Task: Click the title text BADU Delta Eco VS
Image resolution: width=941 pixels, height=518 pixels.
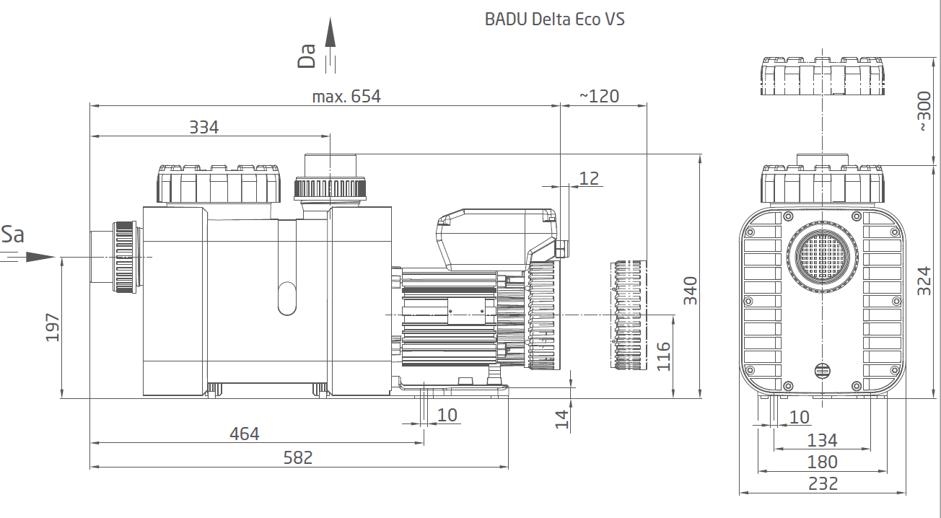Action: pos(554,19)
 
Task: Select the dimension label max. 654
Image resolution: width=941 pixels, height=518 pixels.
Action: pos(346,96)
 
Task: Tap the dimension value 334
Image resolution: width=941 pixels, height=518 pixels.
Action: pos(203,127)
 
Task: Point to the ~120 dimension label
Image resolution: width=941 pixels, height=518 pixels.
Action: pos(599,96)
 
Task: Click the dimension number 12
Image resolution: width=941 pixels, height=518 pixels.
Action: pos(589,177)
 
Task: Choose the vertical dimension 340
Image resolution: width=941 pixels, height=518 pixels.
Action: pos(691,291)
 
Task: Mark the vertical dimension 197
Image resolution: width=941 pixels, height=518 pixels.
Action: pos(53,328)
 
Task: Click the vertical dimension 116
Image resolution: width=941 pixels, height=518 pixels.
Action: pos(663,356)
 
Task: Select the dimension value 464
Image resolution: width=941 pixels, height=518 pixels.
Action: pos(244,434)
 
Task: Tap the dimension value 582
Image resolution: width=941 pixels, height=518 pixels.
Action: pos(297,457)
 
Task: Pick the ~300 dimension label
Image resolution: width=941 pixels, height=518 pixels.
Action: pos(924,111)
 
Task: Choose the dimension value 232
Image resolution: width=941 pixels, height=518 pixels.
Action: pos(823,483)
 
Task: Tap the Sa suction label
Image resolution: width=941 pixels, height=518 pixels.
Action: pos(13,234)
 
